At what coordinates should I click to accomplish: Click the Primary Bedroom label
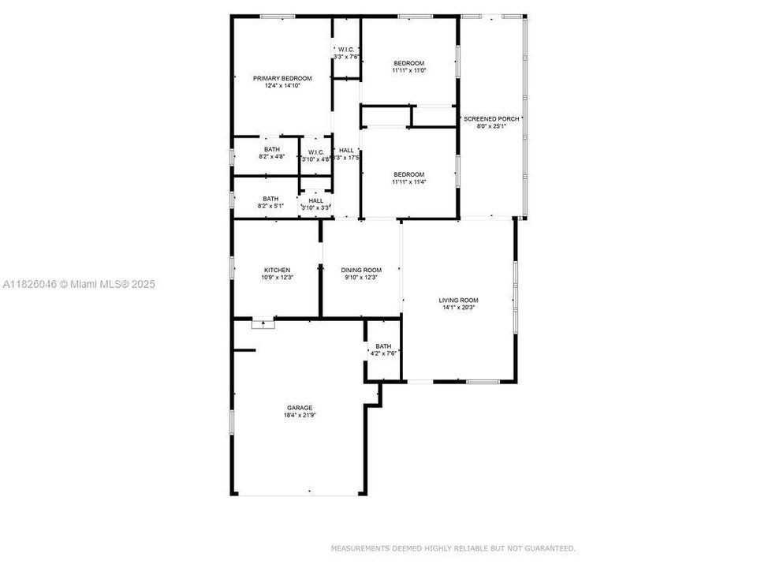click(282, 78)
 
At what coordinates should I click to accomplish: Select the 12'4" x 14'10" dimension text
click(282, 85)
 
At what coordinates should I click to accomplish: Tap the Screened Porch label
click(491, 118)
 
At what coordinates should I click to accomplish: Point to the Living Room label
click(458, 300)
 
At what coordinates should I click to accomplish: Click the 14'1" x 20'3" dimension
click(458, 308)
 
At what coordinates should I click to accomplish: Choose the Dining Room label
click(361, 270)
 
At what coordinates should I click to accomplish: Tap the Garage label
click(299, 408)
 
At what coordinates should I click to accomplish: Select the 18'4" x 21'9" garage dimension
click(299, 415)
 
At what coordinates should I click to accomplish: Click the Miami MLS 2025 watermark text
click(79, 284)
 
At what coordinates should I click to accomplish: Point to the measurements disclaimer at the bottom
click(453, 547)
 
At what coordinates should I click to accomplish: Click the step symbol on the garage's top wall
click(262, 323)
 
